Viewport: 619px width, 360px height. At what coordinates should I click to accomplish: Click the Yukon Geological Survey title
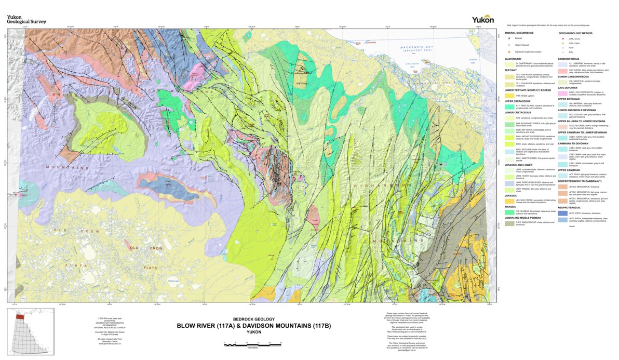[26, 19]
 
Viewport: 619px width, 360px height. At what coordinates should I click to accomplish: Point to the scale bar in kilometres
[252, 343]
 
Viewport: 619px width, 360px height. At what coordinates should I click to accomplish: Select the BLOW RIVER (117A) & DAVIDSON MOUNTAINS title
[253, 326]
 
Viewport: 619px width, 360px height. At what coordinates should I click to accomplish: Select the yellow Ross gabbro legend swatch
[509, 96]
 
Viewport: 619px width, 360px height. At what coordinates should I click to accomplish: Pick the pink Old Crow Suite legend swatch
[563, 94]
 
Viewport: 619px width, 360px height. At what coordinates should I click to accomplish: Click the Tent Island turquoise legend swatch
[509, 106]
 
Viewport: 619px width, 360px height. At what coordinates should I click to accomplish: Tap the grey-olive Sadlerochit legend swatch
[509, 222]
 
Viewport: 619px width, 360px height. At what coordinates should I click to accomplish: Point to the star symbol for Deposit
[509, 38]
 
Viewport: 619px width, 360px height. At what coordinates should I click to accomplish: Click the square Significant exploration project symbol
[509, 51]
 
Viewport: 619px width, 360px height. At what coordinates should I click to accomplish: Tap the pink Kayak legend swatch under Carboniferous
[563, 70]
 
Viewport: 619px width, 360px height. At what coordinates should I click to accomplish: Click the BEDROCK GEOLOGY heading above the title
[254, 319]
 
